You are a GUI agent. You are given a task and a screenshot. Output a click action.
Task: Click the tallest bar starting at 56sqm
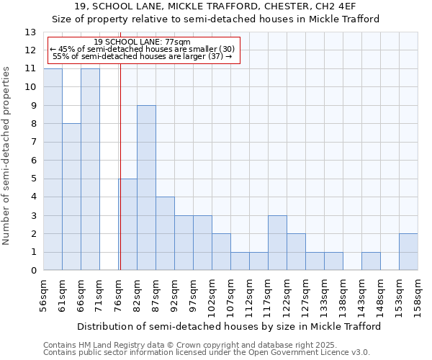[53, 169]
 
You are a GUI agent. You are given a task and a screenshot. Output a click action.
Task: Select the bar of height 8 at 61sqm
[71, 197]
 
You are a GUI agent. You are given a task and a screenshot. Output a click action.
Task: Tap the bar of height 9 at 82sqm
[146, 188]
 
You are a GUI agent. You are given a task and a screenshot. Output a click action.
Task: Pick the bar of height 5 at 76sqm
[127, 225]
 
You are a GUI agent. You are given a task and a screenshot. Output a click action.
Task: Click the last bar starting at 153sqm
[408, 252]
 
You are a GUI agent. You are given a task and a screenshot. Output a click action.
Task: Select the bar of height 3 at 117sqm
[277, 243]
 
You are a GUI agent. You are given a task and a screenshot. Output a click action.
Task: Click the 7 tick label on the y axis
[33, 143]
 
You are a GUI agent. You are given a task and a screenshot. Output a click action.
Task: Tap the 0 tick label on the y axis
[33, 271]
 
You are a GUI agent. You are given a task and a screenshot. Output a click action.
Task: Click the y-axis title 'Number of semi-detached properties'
[7, 156]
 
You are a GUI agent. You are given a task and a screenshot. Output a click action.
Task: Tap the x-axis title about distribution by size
[228, 326]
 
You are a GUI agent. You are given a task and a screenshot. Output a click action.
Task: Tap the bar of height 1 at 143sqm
[371, 261]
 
